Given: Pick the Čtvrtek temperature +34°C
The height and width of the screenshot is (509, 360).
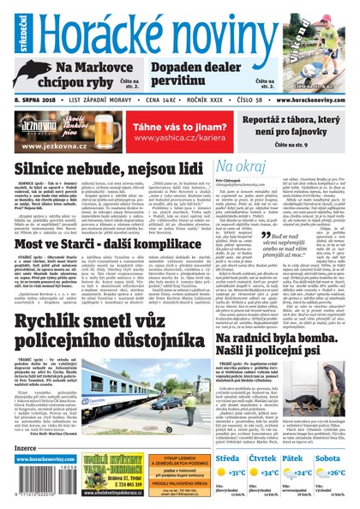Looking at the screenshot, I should [x=273, y=472].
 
